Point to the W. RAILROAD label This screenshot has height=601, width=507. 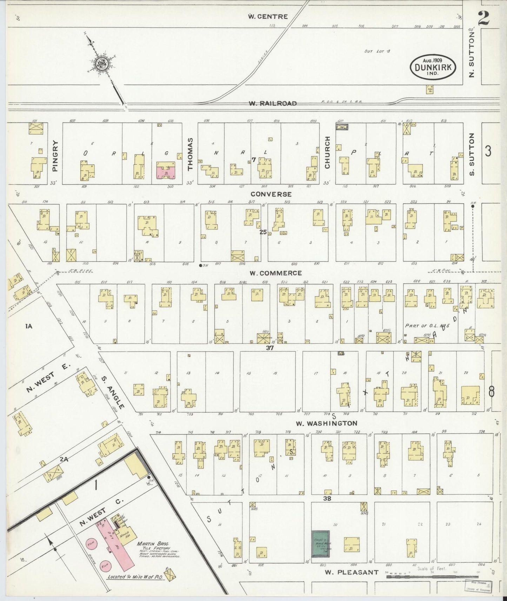click(x=273, y=103)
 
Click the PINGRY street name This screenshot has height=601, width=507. click(x=54, y=156)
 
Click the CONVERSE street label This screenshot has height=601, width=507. click(x=271, y=194)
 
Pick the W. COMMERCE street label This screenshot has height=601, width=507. click(x=275, y=273)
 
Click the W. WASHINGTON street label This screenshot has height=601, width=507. click(x=326, y=423)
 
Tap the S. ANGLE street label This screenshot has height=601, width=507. click(x=113, y=393)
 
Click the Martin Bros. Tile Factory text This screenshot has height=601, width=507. click(x=153, y=546)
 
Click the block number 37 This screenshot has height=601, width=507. click(x=269, y=348)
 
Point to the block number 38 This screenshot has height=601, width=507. click(x=327, y=498)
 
